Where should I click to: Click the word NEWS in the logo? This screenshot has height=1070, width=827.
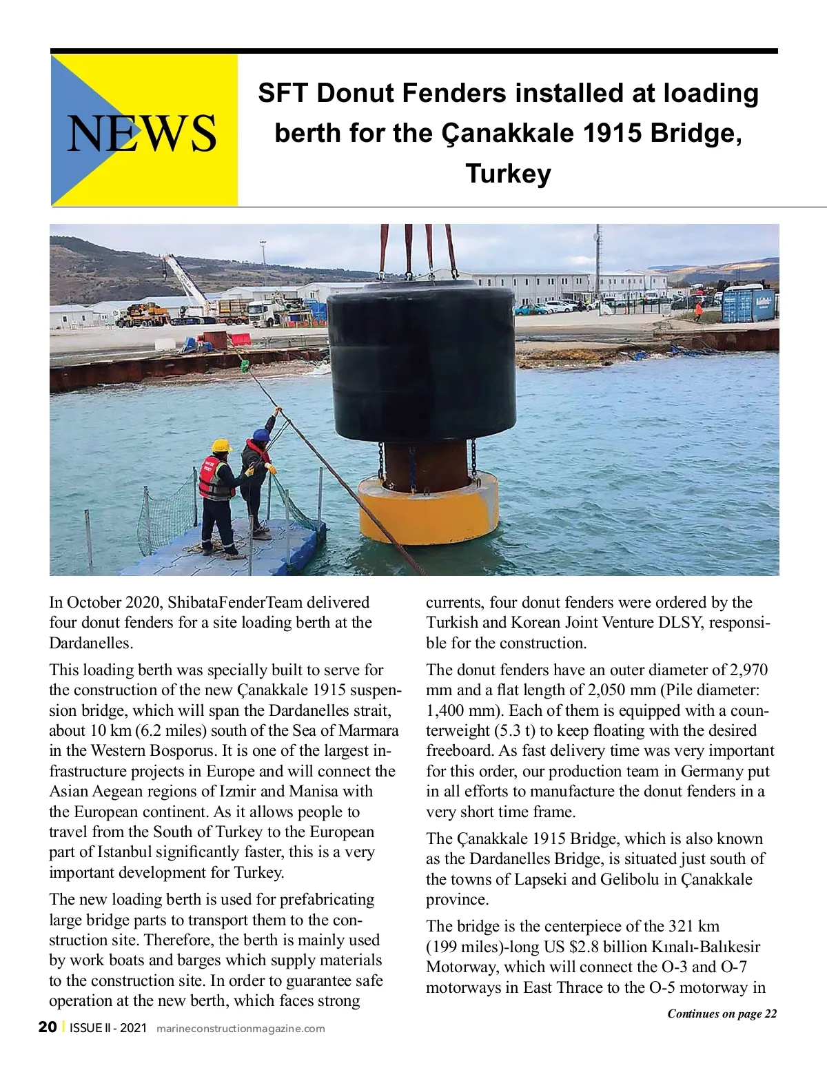[x=142, y=133]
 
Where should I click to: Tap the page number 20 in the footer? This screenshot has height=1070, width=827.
[x=48, y=1027]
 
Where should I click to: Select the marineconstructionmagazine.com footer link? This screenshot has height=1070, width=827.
[x=241, y=1029]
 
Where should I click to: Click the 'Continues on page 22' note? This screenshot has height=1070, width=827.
[x=722, y=1013]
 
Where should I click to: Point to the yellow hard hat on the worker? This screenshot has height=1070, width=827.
[x=221, y=446]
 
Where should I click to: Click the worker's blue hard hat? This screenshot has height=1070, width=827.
[x=260, y=435]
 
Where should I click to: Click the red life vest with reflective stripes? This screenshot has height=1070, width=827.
[x=214, y=477]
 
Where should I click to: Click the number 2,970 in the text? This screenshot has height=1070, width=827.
[x=748, y=670]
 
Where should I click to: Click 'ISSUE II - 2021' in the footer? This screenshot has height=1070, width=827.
[x=108, y=1028]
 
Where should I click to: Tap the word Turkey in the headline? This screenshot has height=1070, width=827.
[x=509, y=173]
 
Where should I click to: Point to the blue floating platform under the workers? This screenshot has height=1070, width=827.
[x=227, y=551]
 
